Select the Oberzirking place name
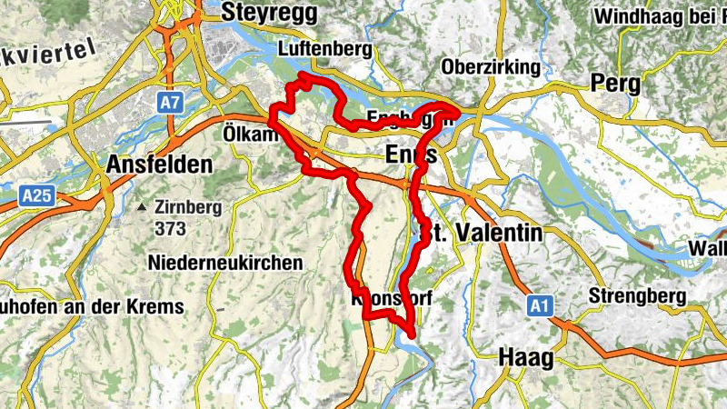(490, 67)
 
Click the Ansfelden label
(159, 165)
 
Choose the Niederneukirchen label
(224, 263)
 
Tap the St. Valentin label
(482, 233)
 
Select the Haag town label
(525, 358)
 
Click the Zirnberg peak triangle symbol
(142, 208)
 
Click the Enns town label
(411, 154)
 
